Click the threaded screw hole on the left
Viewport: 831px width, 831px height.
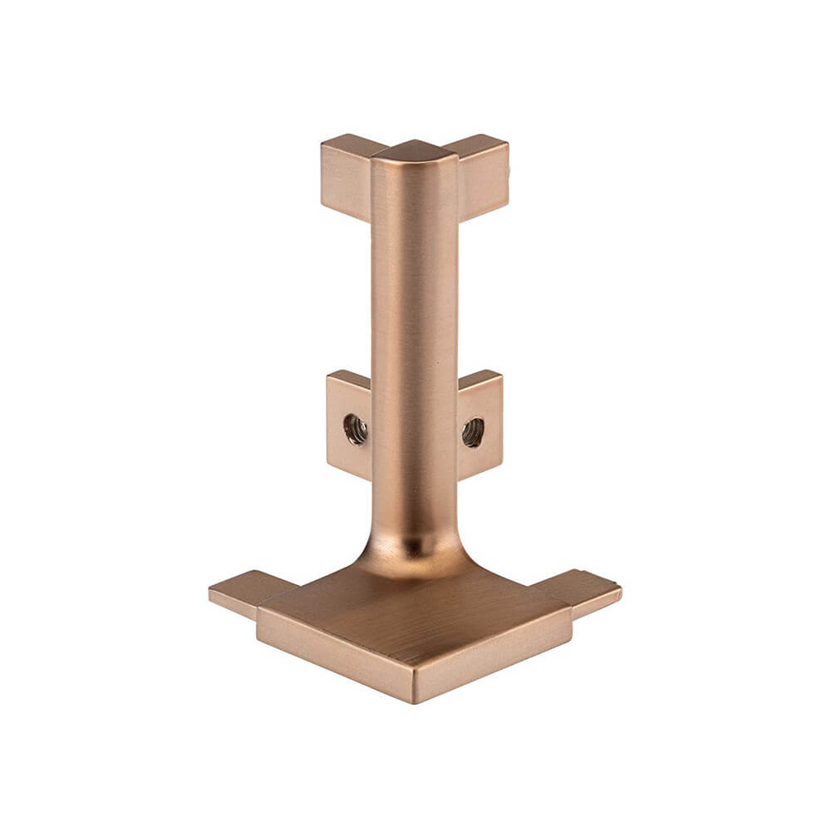(356, 430)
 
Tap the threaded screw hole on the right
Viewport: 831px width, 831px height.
(473, 432)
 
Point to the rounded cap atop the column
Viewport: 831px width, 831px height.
(414, 151)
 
